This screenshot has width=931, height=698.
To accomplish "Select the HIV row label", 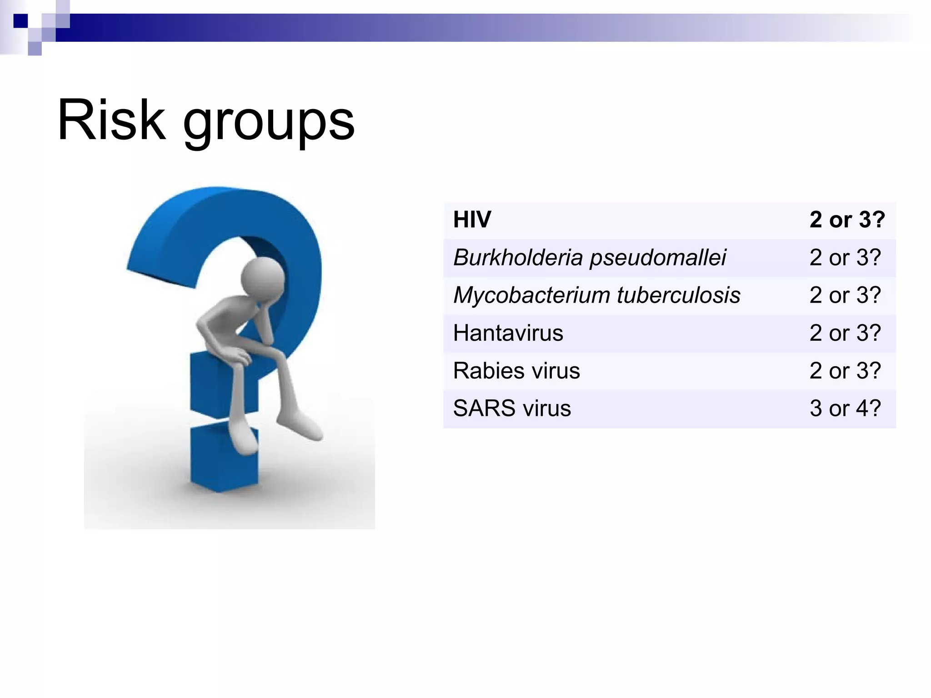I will coord(472,219).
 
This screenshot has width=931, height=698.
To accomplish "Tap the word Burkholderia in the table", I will coord(518,257).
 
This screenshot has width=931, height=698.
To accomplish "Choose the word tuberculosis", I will coord(679,295).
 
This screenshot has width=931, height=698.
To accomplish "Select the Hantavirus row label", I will coord(508,333).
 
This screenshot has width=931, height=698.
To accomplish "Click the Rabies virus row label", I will coord(516,370).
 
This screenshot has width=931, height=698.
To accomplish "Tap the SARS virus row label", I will coord(512,408).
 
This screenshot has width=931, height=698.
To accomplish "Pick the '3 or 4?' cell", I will coord(845,408).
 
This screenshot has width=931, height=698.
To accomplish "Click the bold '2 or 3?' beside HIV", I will coord(847,219).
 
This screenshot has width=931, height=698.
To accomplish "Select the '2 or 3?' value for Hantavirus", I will coord(845,333).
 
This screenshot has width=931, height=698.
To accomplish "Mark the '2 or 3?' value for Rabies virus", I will coord(845,370).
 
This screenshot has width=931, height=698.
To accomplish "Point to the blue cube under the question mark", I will coord(224,459).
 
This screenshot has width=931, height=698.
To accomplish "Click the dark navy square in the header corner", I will coord(20,21).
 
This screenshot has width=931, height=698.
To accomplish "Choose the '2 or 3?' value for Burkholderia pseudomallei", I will coord(845,257).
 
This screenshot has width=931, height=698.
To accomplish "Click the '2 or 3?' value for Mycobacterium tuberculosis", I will coord(845,295).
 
